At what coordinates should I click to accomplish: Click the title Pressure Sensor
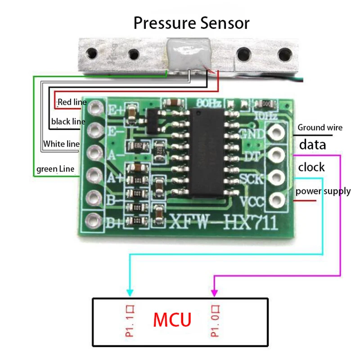[x=191, y=22]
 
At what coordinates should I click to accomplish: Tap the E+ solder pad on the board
[x=95, y=108]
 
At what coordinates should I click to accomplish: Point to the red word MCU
[x=172, y=320]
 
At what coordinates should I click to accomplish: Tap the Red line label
[x=72, y=102]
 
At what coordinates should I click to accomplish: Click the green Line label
[x=55, y=169]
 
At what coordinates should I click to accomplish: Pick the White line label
[x=61, y=144]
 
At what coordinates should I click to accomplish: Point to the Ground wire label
[x=319, y=128]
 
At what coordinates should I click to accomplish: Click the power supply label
[x=323, y=191]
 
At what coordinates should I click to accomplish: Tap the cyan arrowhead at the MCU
[x=130, y=292]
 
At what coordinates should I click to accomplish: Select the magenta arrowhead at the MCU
[x=215, y=292]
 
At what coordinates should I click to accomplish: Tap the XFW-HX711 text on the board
[x=223, y=222]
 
